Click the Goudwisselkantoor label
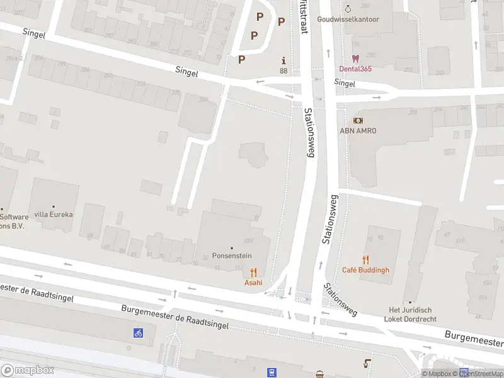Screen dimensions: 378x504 click(x=348, y=20)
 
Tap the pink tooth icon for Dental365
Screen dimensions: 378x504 click(x=355, y=58)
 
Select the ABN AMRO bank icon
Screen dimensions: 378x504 click(x=358, y=120)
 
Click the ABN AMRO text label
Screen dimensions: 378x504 click(x=358, y=130)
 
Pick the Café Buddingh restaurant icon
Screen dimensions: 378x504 click(x=365, y=260)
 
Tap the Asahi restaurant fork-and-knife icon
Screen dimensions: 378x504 click(x=253, y=272)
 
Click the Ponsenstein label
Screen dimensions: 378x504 click(x=232, y=256)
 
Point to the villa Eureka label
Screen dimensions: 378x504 click(x=54, y=214)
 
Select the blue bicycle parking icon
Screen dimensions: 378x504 click(x=137, y=333)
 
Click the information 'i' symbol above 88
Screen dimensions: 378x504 click(x=283, y=60)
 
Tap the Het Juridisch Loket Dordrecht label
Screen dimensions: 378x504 click(x=410, y=314)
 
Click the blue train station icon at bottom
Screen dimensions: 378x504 click(x=272, y=372)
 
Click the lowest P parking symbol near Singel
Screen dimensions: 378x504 click(x=241, y=59)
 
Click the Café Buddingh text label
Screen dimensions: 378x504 click(x=365, y=270)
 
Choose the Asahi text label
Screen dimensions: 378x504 click(x=253, y=282)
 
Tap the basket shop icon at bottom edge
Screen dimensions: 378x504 click(x=320, y=375)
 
